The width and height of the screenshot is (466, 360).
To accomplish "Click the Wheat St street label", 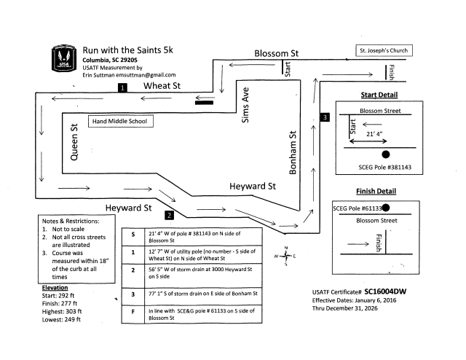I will click(162, 86).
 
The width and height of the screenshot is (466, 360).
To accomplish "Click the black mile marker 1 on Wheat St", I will click(123, 88).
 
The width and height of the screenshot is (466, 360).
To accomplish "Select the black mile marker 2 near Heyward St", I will click(169, 215).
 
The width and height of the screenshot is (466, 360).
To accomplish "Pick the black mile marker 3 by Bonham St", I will click(325, 117).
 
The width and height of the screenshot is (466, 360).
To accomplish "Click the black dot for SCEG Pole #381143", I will click(385, 154).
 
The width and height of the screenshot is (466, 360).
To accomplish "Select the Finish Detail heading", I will click(375, 192).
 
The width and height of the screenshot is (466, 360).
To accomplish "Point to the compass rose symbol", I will click(285, 257).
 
